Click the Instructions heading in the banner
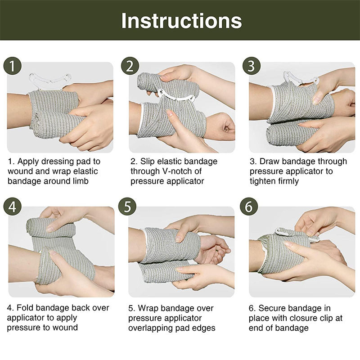click(x=181, y=21)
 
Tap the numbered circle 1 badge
click(x=13, y=66)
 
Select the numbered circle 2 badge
click(x=130, y=66)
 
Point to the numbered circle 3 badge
click(x=252, y=66)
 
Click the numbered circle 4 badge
click(x=13, y=206)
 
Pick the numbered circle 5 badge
click(x=127, y=206)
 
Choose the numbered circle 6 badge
click(x=249, y=206)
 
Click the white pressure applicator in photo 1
click(x=50, y=81)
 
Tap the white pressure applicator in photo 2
click(x=176, y=96)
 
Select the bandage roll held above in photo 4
click(x=50, y=228)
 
